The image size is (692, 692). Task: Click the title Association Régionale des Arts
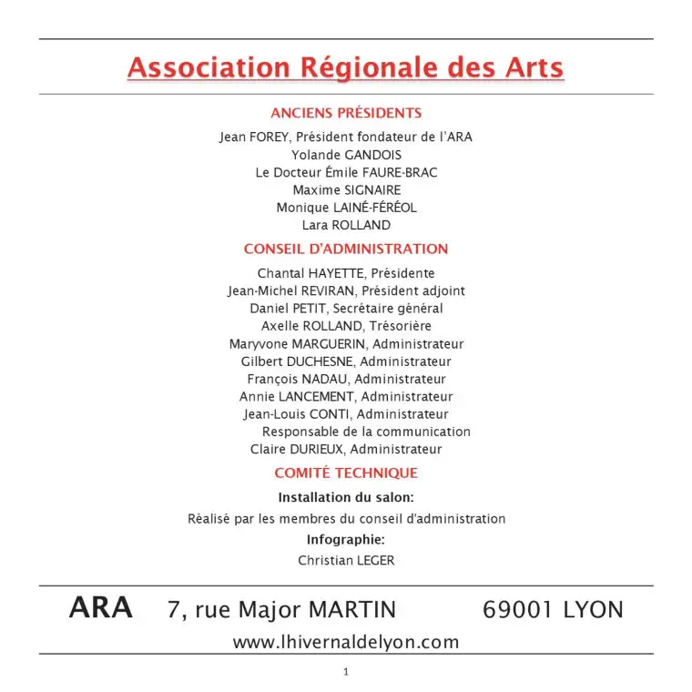click(x=346, y=68)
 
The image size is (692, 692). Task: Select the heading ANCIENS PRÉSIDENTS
click(x=346, y=114)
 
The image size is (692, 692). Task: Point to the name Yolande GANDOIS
click(x=346, y=156)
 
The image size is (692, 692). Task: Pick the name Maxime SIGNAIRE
click(x=346, y=190)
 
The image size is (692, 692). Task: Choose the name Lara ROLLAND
click(x=346, y=225)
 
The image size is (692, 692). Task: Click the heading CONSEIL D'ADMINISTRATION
click(x=346, y=249)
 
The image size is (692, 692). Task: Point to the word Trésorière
click(x=397, y=326)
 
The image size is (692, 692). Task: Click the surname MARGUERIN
click(x=330, y=344)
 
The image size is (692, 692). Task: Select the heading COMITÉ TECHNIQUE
click(x=346, y=473)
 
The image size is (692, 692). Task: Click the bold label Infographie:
click(x=346, y=540)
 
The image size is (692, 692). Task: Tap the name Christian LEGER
click(x=346, y=561)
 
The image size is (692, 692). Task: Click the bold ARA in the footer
click(x=101, y=608)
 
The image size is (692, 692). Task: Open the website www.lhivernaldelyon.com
click(x=346, y=642)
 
